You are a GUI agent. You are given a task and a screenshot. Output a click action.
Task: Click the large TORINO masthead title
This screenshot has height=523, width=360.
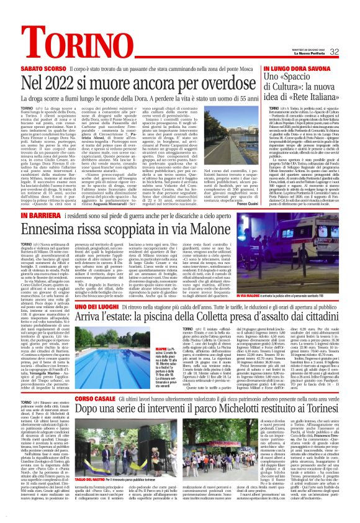point(47,14)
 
